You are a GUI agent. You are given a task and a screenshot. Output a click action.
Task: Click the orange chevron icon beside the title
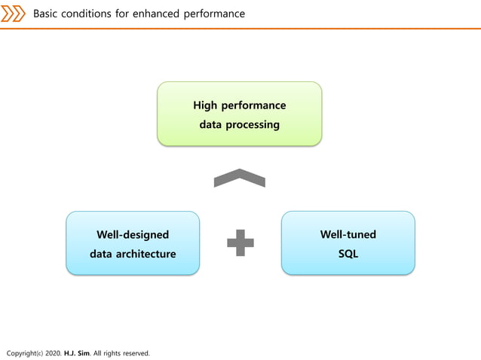(13, 14)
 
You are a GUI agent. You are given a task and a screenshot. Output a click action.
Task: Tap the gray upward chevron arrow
(239, 178)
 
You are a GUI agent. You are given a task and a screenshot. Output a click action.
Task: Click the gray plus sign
(240, 243)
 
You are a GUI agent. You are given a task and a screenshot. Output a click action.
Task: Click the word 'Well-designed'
(133, 234)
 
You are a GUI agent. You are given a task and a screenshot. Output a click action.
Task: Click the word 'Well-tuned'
(348, 234)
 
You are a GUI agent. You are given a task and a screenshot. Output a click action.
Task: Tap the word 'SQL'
(348, 254)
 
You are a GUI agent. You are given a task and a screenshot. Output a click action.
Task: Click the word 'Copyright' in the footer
(20, 352)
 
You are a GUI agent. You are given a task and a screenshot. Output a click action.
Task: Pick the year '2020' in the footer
(54, 352)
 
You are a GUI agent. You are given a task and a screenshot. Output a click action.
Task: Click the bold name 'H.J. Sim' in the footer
(77, 352)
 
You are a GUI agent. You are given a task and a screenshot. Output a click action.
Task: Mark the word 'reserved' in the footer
(133, 352)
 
